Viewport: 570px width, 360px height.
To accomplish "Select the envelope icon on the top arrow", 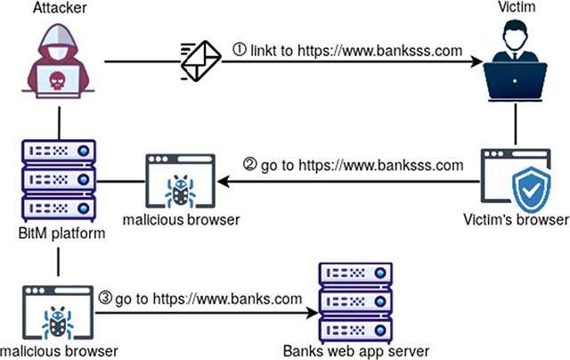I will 199,61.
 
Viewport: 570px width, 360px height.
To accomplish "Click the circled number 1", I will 240,50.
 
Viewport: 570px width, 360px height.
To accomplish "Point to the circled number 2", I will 250,165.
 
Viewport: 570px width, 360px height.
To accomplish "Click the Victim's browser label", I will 517,220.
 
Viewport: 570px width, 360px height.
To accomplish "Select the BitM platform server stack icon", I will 58,182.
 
